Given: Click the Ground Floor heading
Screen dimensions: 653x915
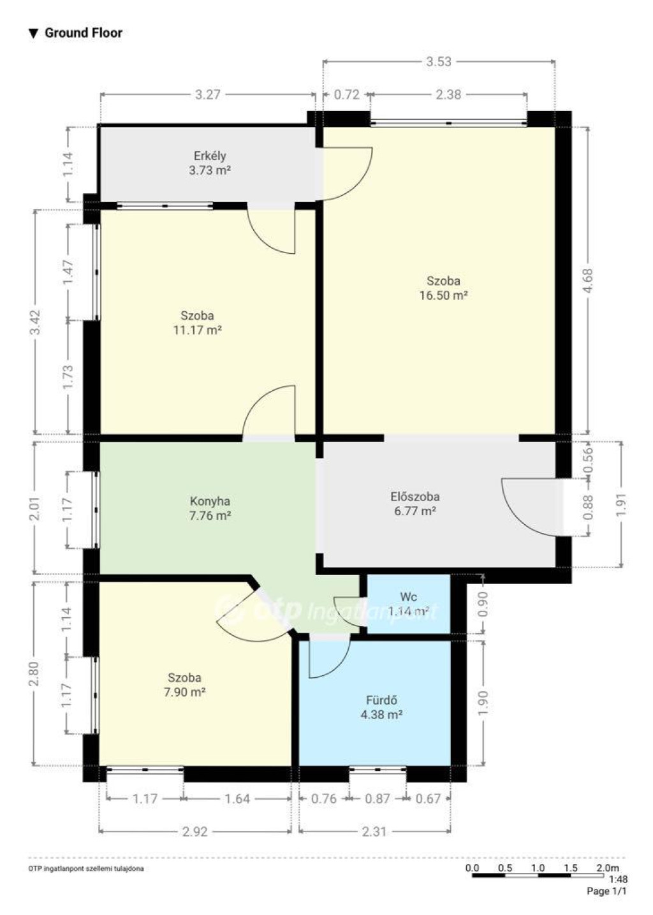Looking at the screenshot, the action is (84, 33).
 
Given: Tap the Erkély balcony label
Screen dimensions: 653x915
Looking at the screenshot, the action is (210, 156).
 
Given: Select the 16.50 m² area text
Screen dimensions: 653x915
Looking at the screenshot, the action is (443, 295).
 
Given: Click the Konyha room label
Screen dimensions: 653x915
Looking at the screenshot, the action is (210, 501).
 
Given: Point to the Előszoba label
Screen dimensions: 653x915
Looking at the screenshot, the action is (415, 497).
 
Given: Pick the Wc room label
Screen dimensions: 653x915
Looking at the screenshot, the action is (408, 597).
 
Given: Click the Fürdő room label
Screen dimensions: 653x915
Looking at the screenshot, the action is (381, 700).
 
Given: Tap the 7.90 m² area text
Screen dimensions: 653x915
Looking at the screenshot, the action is (185, 692).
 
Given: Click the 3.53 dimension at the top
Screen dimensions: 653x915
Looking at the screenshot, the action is (439, 62).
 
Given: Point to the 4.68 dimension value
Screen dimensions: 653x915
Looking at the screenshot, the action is (588, 280).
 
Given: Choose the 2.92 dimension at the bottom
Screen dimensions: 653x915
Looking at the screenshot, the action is (194, 831).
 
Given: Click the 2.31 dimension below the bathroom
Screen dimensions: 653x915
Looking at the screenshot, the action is (374, 831).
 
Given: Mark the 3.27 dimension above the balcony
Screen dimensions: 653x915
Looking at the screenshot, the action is (208, 95).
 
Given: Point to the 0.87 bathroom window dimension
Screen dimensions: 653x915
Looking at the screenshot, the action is (377, 798).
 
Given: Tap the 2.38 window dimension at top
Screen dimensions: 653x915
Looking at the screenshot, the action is (448, 95).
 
